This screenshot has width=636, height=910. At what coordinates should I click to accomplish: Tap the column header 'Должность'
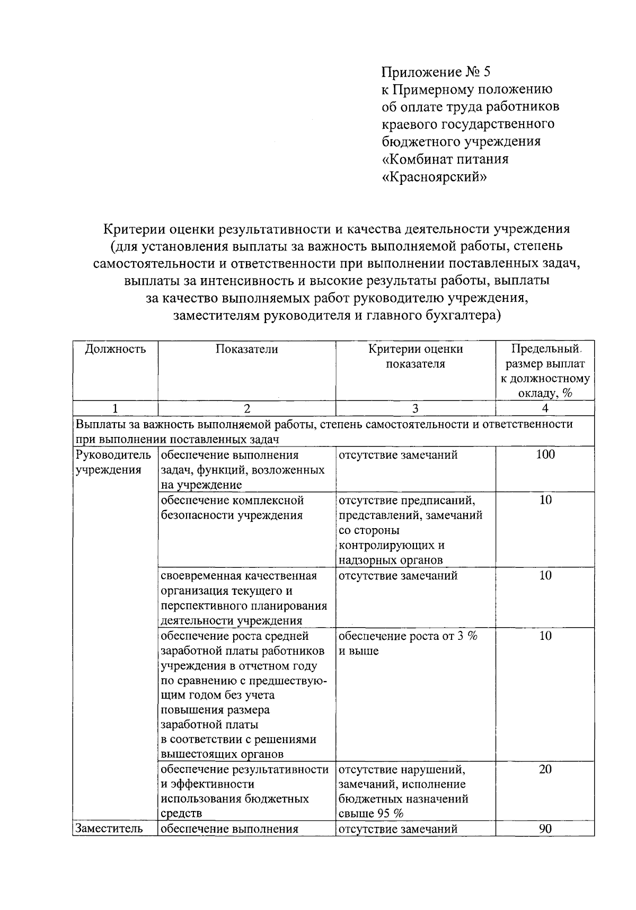[116, 349]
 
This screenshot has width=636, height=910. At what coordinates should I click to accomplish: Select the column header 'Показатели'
[246, 349]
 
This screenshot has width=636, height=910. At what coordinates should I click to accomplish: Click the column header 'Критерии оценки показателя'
[416, 356]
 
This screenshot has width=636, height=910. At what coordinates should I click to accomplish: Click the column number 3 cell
[415, 408]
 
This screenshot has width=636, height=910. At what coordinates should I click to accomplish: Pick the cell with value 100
[545, 454]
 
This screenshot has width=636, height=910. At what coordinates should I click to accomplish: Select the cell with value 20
[545, 769]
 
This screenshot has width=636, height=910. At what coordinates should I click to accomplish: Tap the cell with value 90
[545, 829]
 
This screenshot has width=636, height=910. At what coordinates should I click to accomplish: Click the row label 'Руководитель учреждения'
[113, 462]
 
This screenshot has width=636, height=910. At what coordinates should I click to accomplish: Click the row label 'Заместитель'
[109, 829]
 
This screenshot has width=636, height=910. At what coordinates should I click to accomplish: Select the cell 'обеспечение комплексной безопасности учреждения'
[232, 507]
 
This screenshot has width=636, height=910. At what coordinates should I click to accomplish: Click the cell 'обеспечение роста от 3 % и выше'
[408, 643]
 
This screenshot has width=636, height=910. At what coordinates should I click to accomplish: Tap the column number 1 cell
[116, 408]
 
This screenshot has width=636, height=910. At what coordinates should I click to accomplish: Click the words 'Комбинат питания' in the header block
[445, 159]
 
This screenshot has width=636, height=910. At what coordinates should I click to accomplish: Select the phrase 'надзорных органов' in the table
[390, 560]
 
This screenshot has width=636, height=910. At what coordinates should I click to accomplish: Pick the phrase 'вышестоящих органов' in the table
[222, 754]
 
